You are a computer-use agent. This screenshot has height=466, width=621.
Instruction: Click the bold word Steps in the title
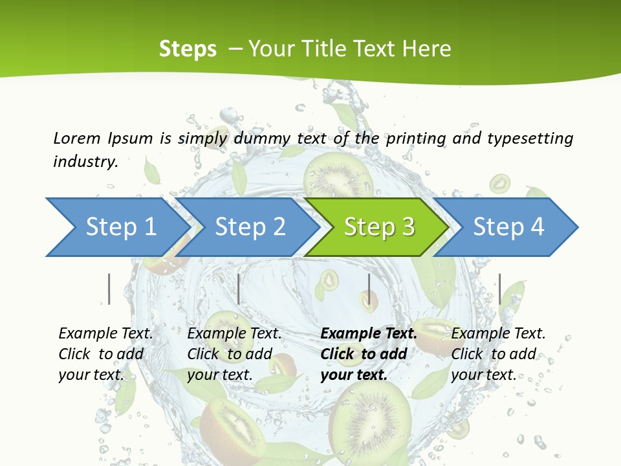pos(188,49)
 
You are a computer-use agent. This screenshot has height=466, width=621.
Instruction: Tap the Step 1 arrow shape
pos(116,227)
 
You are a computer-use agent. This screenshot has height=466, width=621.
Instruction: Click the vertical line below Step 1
pos(109,289)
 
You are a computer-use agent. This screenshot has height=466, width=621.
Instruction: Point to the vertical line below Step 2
pos(239,289)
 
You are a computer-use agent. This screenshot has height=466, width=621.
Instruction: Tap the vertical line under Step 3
pos(369,289)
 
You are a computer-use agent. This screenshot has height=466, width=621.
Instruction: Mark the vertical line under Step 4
pos(499,289)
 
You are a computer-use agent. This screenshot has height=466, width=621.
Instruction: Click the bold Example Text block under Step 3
pos(369,353)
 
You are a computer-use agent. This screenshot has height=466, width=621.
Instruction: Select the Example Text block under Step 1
pos(105,353)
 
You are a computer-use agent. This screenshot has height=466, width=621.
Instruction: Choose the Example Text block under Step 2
pos(234,353)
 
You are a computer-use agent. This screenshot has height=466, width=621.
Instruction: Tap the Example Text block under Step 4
pos(498,353)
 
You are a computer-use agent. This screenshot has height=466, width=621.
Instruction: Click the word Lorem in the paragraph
pos(77,138)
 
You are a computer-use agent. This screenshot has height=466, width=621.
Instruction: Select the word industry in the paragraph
pos(85,162)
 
